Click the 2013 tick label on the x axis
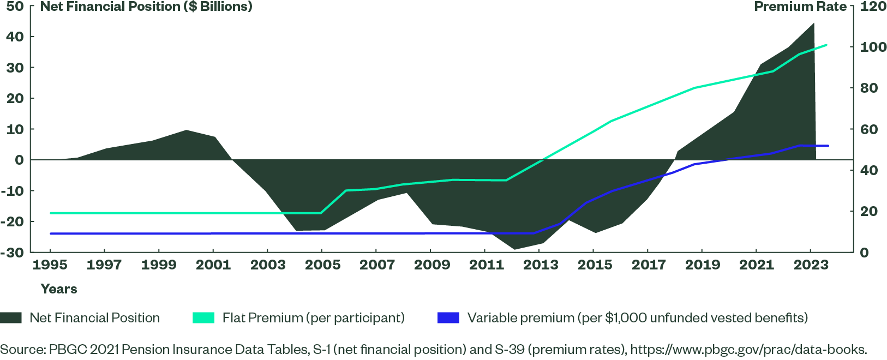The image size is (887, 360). click(x=541, y=265)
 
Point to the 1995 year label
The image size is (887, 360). click(x=50, y=265)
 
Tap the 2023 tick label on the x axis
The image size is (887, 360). click(x=811, y=265)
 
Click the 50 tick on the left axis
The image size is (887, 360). click(x=15, y=7)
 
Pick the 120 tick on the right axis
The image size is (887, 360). click(x=873, y=7)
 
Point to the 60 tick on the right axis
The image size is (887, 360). click(x=869, y=130)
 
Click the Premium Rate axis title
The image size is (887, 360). click(x=800, y=7)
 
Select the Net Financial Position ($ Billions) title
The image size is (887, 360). click(x=146, y=7)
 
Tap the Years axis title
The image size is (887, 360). click(x=59, y=289)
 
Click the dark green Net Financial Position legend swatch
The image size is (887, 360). click(x=11, y=318)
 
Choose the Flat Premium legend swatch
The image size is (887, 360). click(x=203, y=318)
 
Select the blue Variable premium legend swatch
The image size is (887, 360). click(x=448, y=318)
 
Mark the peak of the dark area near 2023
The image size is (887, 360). click(x=814, y=23)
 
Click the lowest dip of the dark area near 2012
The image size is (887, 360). click(x=514, y=249)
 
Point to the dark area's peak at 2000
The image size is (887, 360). click(x=186, y=130)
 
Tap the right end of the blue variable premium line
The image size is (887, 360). click(x=828, y=146)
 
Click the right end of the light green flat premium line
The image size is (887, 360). click(x=827, y=45)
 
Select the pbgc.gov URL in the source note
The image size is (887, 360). click(x=748, y=350)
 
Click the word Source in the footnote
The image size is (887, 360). click(x=22, y=350)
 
